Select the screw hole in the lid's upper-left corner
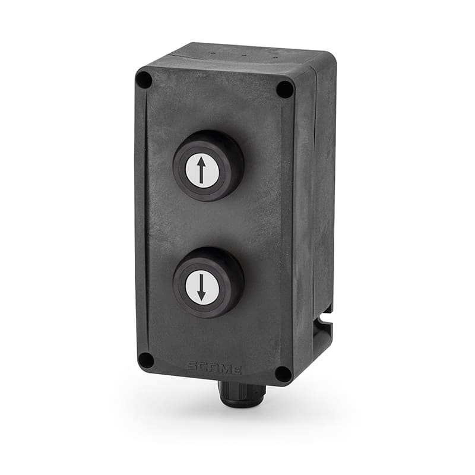click(144, 80)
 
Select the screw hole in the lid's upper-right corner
click(285, 89)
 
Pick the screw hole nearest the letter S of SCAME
click(145, 360)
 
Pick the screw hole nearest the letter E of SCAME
click(283, 374)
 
